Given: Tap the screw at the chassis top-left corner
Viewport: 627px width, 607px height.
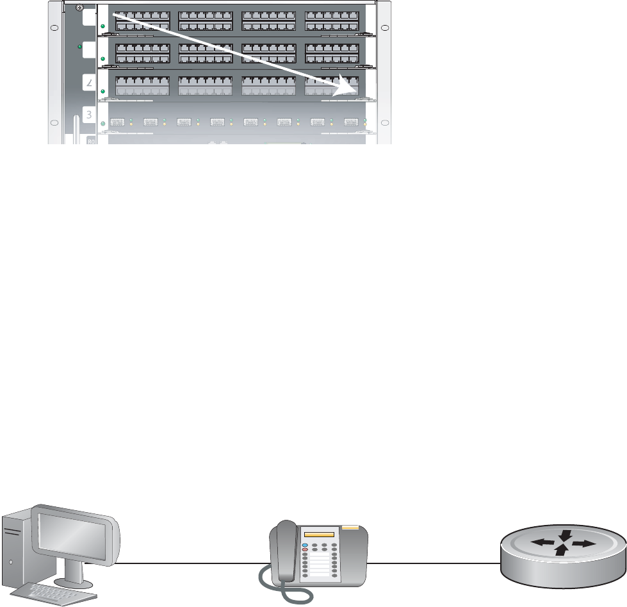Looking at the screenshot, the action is click(x=78, y=9).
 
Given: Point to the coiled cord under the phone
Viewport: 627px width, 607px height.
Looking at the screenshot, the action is click(x=282, y=593).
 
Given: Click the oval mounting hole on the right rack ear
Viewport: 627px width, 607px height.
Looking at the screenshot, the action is click(x=384, y=28).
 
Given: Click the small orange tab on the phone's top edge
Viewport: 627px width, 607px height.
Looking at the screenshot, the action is click(x=350, y=528).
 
